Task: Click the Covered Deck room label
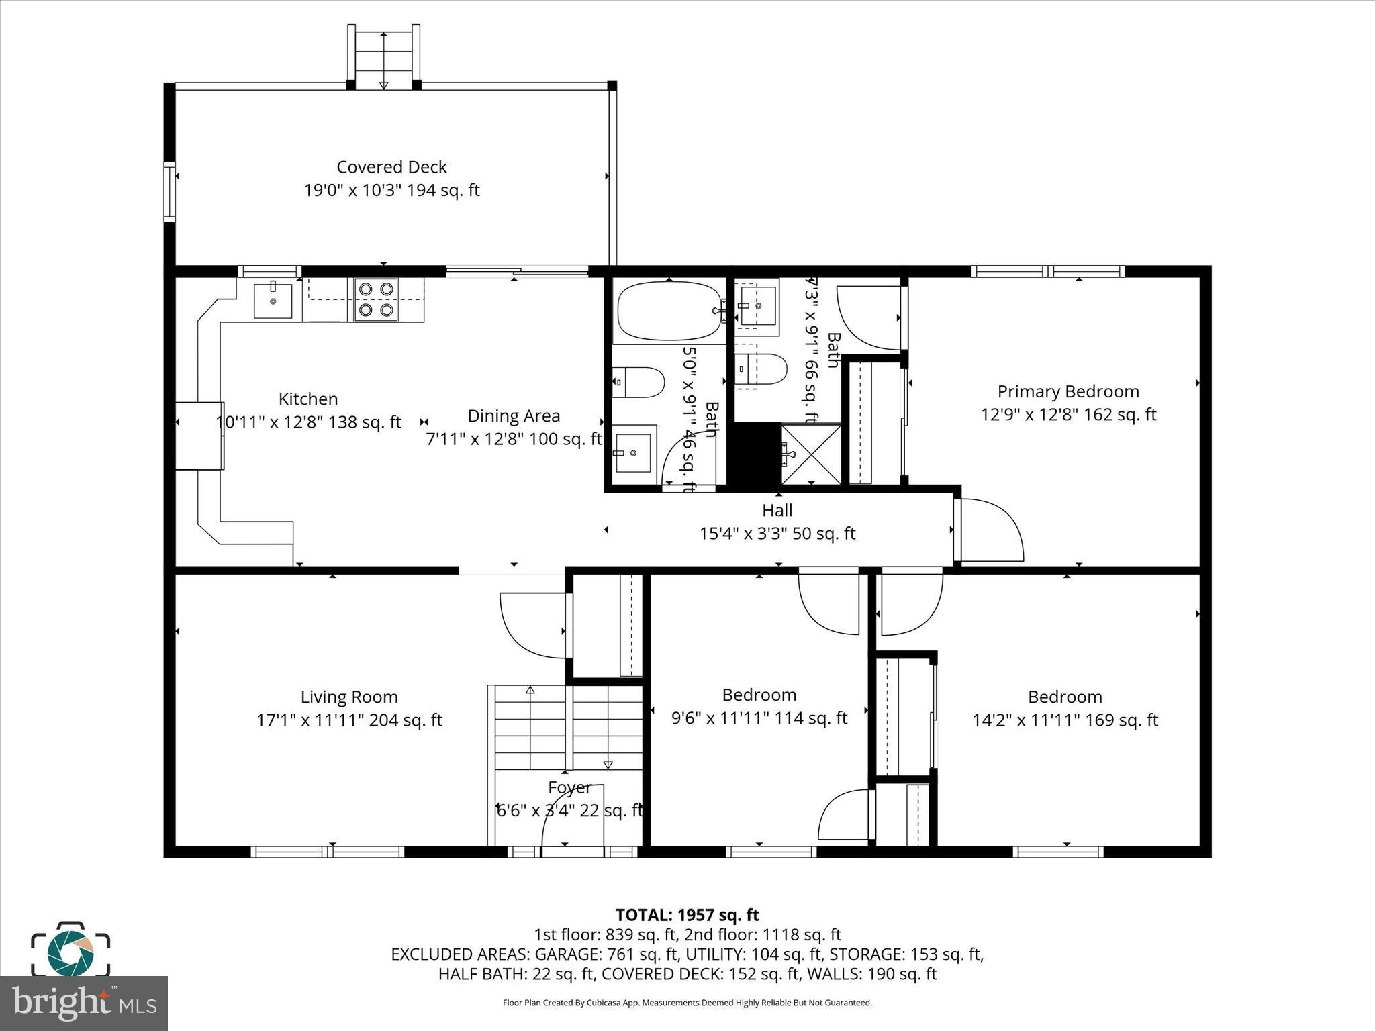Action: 391,167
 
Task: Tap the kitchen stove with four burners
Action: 376,299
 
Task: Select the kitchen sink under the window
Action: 273,300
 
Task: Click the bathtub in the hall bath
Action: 669,311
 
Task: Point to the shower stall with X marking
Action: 811,454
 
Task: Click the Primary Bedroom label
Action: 1068,391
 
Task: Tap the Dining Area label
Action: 514,416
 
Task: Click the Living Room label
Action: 349,697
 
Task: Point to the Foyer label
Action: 569,787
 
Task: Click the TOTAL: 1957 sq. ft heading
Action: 687,915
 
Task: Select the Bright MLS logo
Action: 84,1003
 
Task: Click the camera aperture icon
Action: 70,950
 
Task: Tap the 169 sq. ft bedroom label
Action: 1065,697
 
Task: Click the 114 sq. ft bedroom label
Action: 759,695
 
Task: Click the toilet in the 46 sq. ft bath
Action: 638,382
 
